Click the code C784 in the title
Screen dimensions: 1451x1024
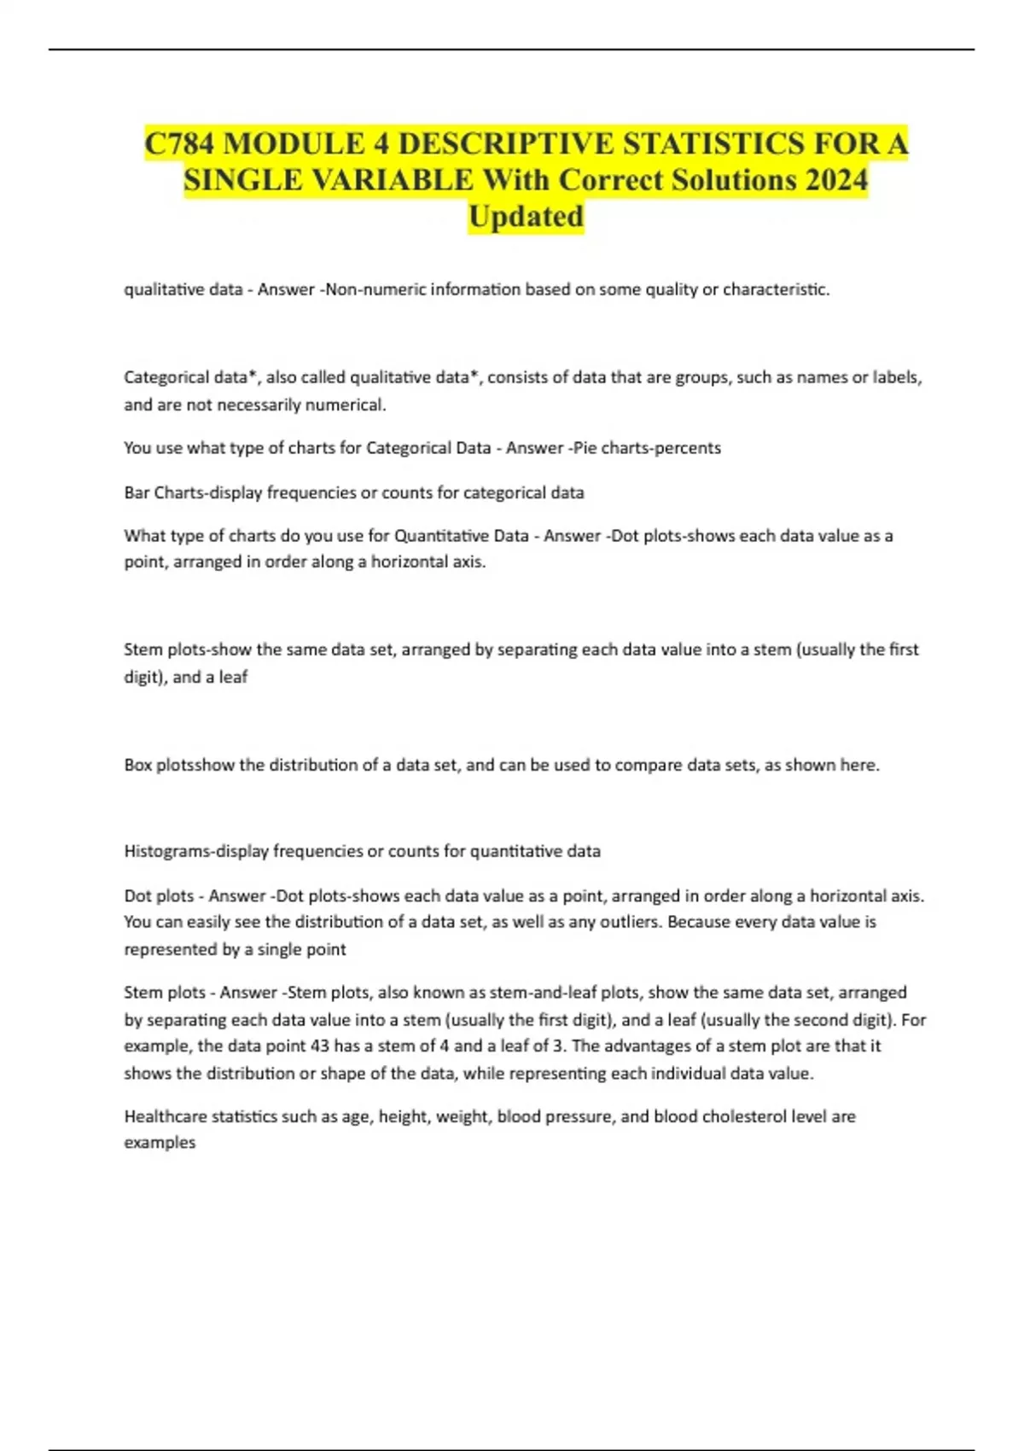[180, 143]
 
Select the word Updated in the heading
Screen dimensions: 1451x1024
[526, 217]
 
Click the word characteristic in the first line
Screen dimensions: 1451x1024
[776, 289]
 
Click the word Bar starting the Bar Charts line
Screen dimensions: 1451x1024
[137, 492]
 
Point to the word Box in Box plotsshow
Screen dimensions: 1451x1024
[137, 765]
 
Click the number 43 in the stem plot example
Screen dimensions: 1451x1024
[320, 1046]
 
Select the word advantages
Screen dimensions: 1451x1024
[648, 1046]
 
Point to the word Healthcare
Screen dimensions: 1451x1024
[165, 1116]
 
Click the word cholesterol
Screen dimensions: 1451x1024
[753, 1116]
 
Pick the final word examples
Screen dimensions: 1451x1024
[160, 1143]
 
